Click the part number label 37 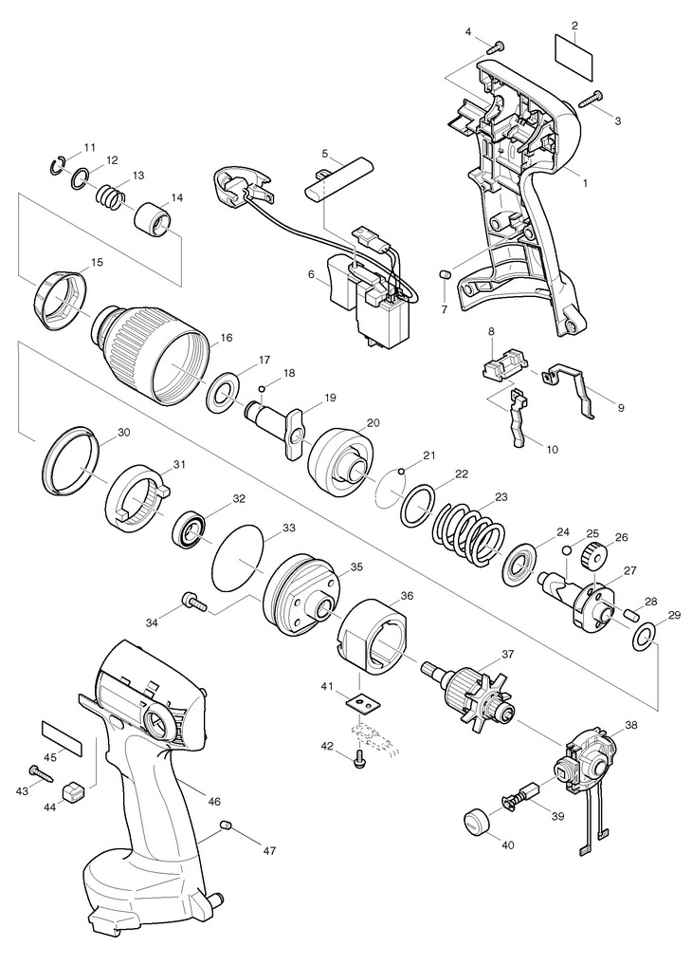tap(508, 654)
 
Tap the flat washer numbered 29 tap(642, 637)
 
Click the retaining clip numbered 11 tap(56, 164)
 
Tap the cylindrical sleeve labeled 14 tap(154, 218)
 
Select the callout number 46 tap(214, 802)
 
